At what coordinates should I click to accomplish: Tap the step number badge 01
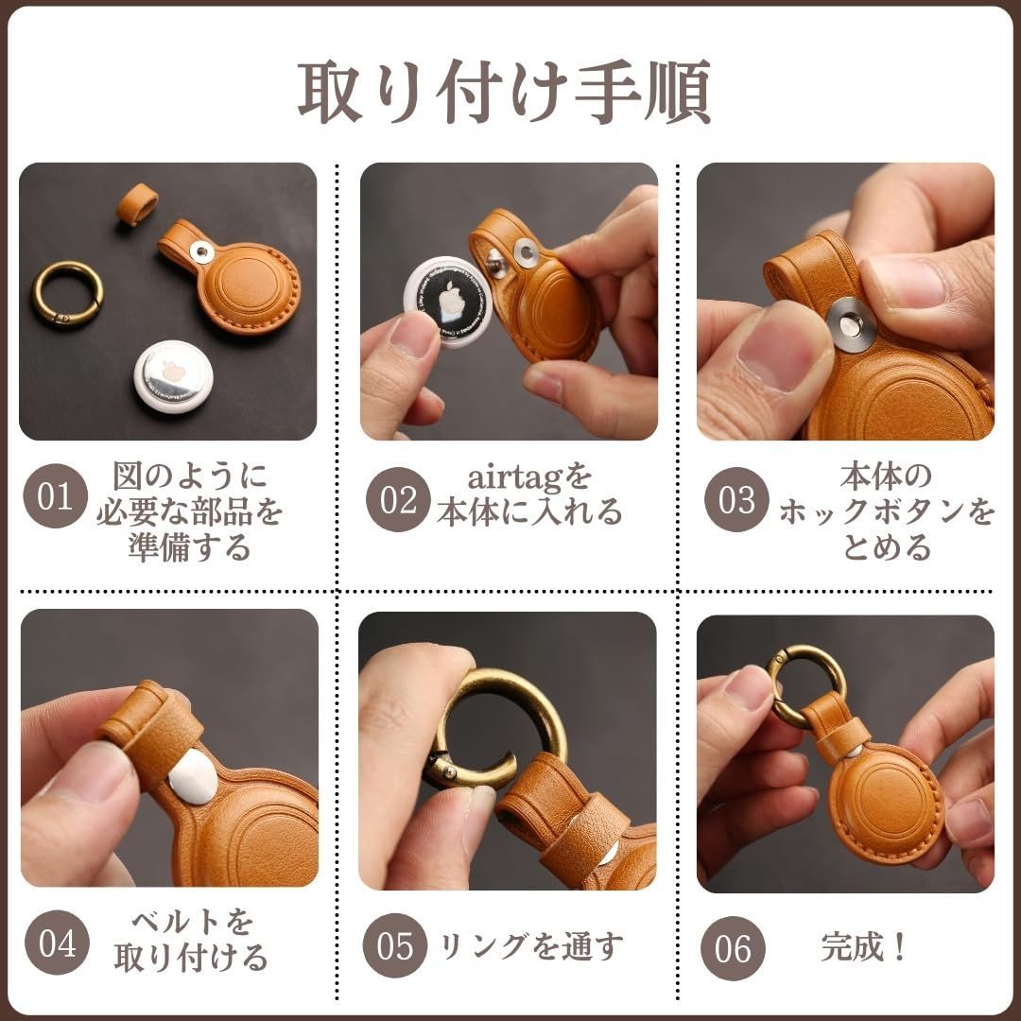(x=55, y=496)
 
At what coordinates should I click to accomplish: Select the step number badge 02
(x=398, y=499)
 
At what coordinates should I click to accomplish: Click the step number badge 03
(x=736, y=499)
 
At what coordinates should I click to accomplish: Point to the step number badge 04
(x=57, y=943)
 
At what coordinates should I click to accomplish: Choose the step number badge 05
(x=394, y=945)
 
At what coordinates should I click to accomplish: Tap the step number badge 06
(x=733, y=948)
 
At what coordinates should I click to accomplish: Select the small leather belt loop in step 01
(x=137, y=204)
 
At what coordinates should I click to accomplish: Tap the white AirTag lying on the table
(x=173, y=375)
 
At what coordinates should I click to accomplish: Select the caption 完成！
(x=863, y=946)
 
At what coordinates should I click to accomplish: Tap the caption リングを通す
(x=531, y=945)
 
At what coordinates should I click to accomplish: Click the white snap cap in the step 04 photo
(x=193, y=775)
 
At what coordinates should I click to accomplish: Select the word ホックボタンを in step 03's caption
(x=887, y=512)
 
